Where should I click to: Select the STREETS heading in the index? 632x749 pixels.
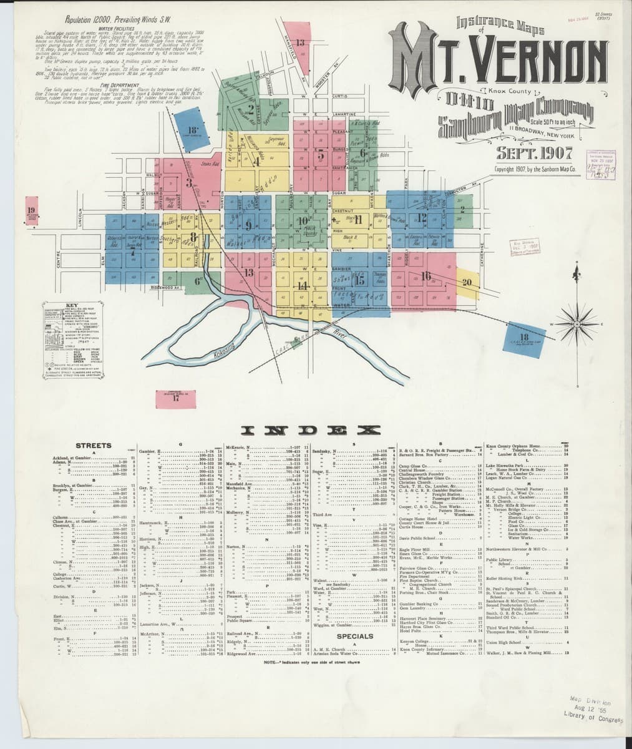point(94,446)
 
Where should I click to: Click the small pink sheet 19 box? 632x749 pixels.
point(32,210)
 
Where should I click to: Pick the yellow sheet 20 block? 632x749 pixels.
point(467,281)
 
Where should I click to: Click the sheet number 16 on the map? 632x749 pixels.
point(426,276)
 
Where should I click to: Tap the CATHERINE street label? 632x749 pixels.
point(482,255)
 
